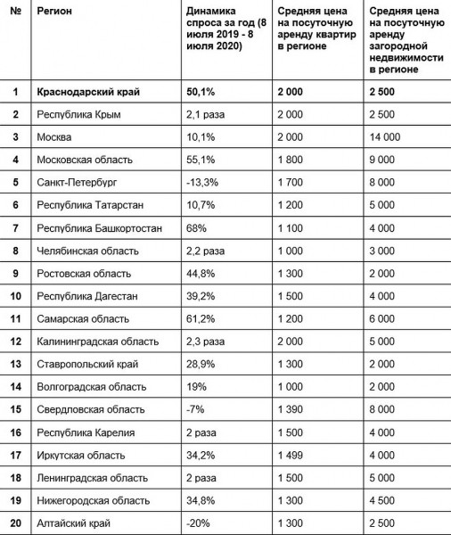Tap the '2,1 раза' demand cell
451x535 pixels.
click(203, 114)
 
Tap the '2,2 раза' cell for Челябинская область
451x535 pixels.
click(204, 251)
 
